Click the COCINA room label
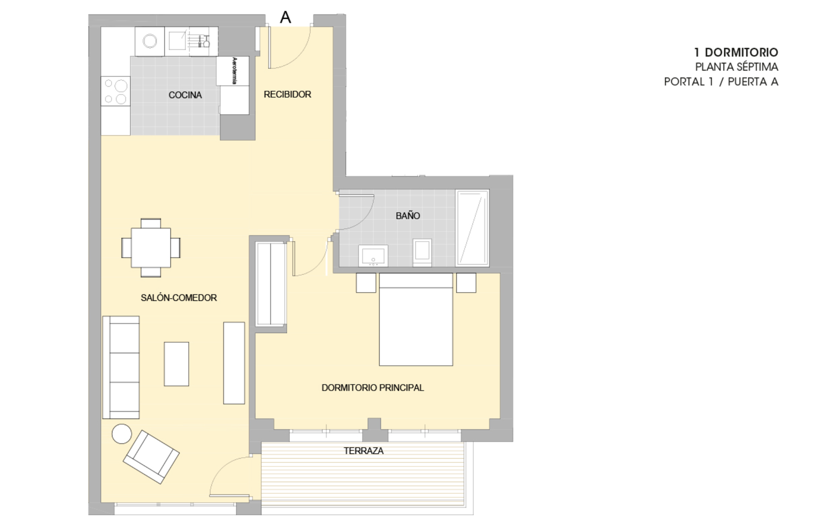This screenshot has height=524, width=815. click(185, 95)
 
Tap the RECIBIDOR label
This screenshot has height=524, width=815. click(287, 94)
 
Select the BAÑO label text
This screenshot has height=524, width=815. click(408, 216)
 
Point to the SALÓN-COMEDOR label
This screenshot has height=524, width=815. click(179, 298)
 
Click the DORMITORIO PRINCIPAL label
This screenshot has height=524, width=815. click(372, 388)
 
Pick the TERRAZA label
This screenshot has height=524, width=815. click(364, 451)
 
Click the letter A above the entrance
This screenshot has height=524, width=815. click(286, 17)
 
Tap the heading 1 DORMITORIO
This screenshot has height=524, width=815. click(736, 53)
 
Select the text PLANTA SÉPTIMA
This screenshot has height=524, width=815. click(737, 67)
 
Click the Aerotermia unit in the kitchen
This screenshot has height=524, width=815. click(233, 71)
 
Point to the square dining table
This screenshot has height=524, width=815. click(151, 248)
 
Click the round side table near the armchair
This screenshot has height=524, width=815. click(122, 434)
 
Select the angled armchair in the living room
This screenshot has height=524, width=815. click(151, 457)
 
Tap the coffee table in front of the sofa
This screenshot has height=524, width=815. click(176, 364)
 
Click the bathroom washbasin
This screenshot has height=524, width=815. click(373, 255)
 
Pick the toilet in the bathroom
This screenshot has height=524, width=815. click(422, 253)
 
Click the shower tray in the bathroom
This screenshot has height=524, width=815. click(472, 228)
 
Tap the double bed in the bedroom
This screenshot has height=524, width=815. click(416, 320)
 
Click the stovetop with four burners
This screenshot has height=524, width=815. click(115, 91)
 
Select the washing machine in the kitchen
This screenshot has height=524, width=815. click(150, 41)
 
